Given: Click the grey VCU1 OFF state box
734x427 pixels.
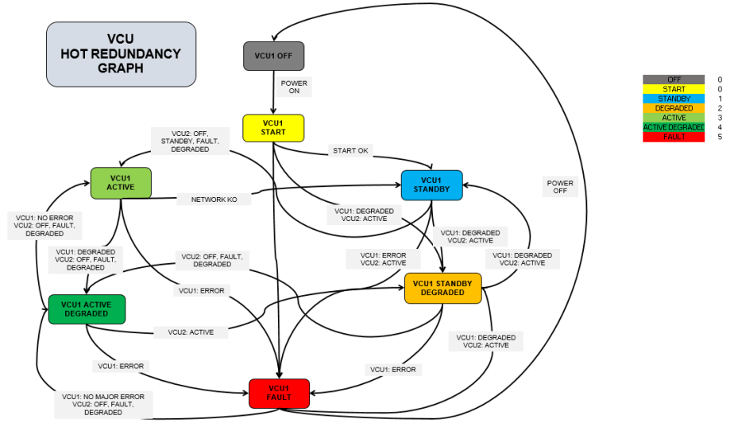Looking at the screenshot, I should pos(273,56).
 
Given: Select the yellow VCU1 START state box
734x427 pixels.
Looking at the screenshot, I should pos(273,127).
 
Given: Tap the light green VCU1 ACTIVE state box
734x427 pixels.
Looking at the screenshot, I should pos(120,182).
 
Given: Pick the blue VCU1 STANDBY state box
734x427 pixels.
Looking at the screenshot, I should pos(431,184).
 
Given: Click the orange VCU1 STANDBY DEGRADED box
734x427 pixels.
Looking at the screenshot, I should pos(443,288).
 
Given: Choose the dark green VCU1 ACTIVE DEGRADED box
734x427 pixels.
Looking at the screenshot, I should pos(87,309).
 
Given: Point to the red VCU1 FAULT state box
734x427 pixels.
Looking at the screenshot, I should pos(279,393).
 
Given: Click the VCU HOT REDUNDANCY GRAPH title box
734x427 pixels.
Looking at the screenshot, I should pos(121,54).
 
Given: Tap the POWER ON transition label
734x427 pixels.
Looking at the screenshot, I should pos(294,87).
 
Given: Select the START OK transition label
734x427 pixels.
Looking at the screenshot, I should pos(350,151).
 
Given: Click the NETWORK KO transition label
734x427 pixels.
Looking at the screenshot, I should pos(214,200).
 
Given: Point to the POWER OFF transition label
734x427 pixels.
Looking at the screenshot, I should pos(560,187).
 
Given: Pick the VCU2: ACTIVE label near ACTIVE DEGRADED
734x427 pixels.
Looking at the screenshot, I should pos(191,332).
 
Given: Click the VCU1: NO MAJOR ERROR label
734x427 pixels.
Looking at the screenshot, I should pos(102,404).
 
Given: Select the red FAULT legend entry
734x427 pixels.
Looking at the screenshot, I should pos(674,137).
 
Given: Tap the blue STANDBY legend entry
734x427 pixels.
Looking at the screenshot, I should pos(674,99).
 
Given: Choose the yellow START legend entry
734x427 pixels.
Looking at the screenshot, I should pos(674,89).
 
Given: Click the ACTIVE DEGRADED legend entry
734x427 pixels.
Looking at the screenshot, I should pos(674,127).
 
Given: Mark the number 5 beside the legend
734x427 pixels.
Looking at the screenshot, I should pos(720,137).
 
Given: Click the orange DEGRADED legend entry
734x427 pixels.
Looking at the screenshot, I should pos(674,108).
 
